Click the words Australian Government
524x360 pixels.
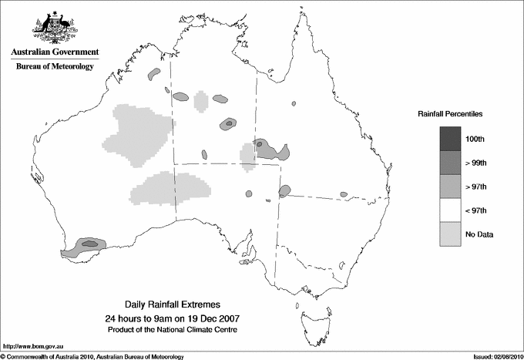tap(55, 52)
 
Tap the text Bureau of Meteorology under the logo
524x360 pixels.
tap(55, 67)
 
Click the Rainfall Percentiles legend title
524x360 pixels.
tap(450, 113)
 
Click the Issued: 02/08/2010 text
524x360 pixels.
tap(495, 356)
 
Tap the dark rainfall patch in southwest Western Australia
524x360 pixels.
tap(87, 245)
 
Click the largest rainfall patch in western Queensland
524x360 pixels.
tap(270, 150)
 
